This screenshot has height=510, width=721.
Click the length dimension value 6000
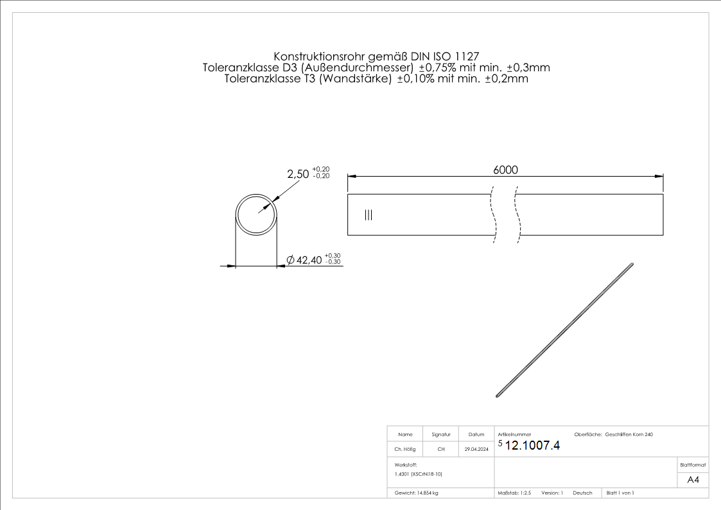click(x=505, y=170)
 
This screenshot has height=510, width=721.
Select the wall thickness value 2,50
click(x=298, y=173)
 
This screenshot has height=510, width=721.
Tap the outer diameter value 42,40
click(x=309, y=260)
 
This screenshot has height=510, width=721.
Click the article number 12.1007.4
click(x=533, y=446)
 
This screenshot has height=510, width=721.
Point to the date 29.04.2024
click(x=476, y=450)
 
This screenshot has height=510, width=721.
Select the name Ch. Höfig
click(x=404, y=450)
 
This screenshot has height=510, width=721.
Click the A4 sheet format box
click(x=693, y=480)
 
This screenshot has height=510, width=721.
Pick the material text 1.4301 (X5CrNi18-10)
click(x=419, y=474)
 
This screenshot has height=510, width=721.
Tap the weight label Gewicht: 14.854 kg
click(x=417, y=493)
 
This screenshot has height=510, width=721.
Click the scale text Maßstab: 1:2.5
click(x=514, y=493)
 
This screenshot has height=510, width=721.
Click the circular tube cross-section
click(x=256, y=215)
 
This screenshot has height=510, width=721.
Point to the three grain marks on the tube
click(x=368, y=215)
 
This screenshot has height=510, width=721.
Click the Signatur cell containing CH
click(x=441, y=450)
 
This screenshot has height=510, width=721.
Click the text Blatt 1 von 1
click(x=620, y=493)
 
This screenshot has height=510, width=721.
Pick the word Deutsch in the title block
click(x=582, y=493)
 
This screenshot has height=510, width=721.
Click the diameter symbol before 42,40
click(x=290, y=260)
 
